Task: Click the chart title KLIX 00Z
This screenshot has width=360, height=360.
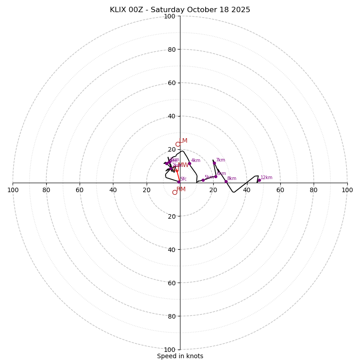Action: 180,10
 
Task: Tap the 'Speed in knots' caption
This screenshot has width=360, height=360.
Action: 180,356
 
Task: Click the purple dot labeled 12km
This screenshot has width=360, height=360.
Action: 259,180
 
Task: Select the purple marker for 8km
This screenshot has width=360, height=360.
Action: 226,181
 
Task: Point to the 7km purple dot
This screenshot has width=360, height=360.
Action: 214,163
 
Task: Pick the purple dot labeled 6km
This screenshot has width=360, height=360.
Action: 216,176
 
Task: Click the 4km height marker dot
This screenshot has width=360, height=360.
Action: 189,163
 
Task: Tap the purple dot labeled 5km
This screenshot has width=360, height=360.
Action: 203,180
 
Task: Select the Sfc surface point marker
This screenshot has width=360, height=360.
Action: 180,182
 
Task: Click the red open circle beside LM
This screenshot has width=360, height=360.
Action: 178,144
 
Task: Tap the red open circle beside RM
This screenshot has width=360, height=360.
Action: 175,192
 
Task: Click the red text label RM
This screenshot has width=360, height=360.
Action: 181,189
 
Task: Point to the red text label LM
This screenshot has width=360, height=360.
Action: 183,141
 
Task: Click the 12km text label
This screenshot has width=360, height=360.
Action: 266,178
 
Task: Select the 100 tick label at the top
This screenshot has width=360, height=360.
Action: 170,17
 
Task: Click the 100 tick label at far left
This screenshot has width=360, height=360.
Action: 13,190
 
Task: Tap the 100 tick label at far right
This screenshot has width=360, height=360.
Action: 347,190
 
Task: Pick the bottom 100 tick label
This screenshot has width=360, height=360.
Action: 170,350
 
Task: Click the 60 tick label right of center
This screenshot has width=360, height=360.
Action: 280,190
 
